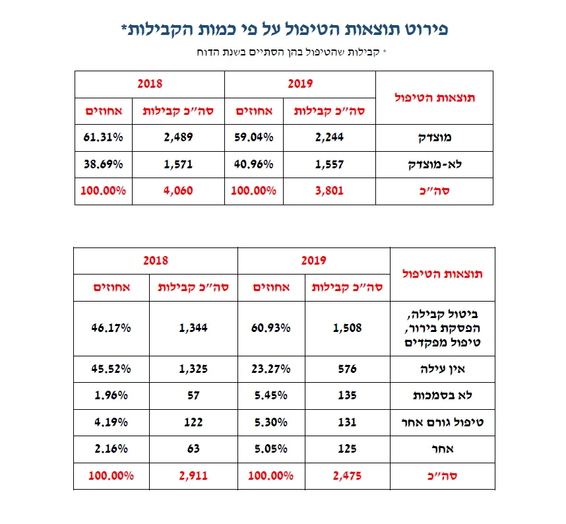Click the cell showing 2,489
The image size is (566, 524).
click(x=177, y=138)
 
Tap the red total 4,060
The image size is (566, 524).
click(x=177, y=192)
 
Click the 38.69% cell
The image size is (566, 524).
click(x=102, y=164)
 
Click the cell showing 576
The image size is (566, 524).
click(x=346, y=369)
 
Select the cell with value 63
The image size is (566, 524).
click(x=193, y=449)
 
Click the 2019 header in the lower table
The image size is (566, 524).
click(x=313, y=261)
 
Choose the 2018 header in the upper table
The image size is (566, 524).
click(x=149, y=84)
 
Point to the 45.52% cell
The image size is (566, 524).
click(x=111, y=369)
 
